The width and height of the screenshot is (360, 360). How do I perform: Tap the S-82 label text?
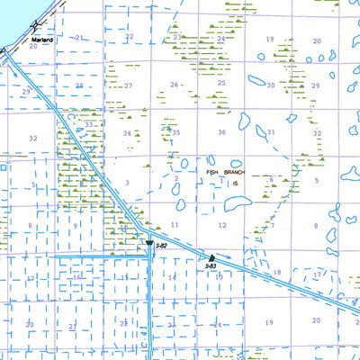(162, 246)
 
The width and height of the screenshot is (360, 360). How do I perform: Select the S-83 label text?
(210, 265)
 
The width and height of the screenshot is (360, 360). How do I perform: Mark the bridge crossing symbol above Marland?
(33, 27)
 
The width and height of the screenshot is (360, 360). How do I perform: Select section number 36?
(221, 132)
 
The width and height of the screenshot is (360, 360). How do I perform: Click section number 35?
(175, 132)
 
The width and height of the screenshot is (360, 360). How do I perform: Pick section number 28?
(79, 86)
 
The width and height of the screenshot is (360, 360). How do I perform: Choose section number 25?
(221, 82)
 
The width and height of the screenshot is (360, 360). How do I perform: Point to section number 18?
(277, 272)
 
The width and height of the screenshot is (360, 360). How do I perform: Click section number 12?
(222, 224)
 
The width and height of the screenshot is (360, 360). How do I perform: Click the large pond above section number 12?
(236, 202)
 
